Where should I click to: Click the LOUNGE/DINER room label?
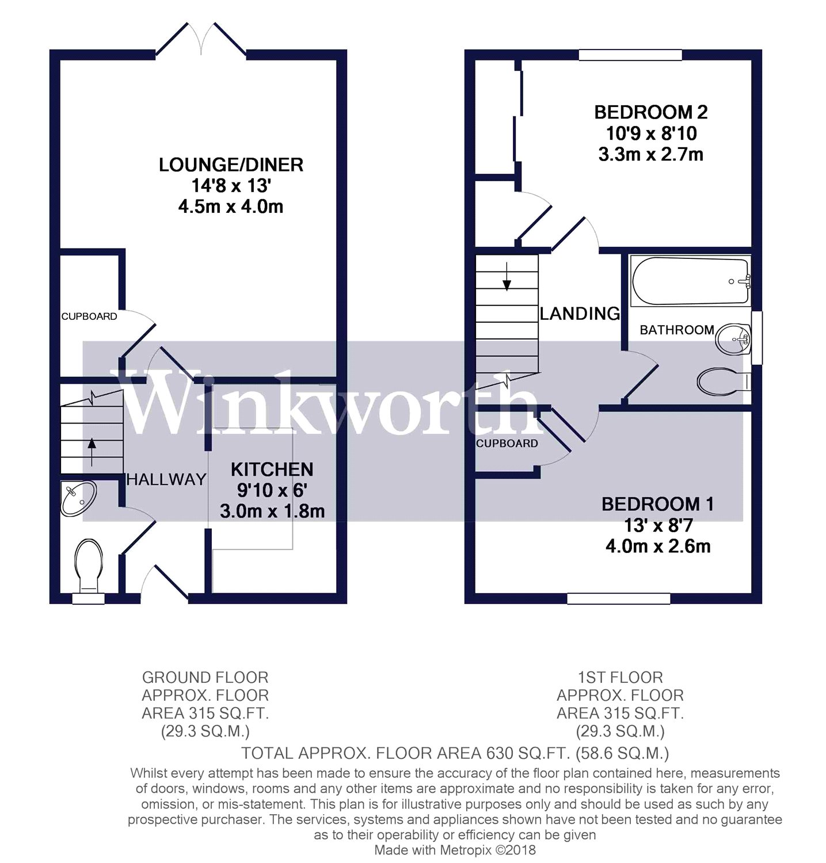(x=231, y=165)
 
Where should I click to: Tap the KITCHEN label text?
(x=272, y=469)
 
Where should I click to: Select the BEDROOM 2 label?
(x=650, y=112)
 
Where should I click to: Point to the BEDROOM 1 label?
(x=657, y=505)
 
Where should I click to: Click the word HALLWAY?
(x=166, y=479)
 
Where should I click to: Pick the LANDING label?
(x=580, y=314)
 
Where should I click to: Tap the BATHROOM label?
(x=676, y=330)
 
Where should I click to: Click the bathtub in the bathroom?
(x=690, y=281)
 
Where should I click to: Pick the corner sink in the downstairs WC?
(x=77, y=498)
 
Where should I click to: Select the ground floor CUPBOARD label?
(x=89, y=316)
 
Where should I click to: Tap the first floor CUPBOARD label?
(x=507, y=444)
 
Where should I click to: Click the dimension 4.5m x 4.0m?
(x=231, y=207)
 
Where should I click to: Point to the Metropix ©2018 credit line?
(x=455, y=850)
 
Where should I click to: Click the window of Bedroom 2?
(x=630, y=55)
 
